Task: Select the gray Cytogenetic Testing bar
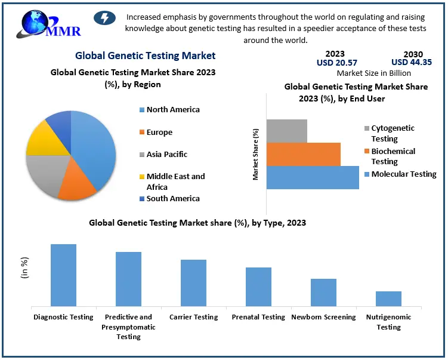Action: [x=287, y=131]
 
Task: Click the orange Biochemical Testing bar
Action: [x=304, y=154]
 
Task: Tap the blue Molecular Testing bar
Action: [x=313, y=177]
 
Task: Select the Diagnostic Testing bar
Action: [x=63, y=275]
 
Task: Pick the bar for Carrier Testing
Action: [x=193, y=283]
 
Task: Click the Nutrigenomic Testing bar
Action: [x=388, y=299]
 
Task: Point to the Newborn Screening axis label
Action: [x=323, y=317]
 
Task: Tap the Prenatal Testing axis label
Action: [x=258, y=317]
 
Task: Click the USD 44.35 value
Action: [x=412, y=62]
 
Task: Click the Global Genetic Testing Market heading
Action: [x=145, y=56]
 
